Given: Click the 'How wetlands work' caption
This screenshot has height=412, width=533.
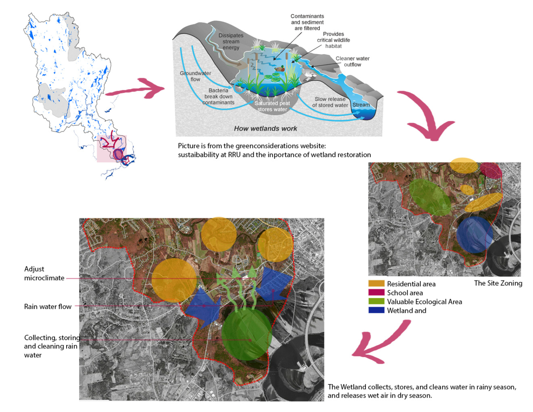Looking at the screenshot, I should tap(265, 128).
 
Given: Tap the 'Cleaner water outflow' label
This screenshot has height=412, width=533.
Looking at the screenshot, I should tap(352, 61).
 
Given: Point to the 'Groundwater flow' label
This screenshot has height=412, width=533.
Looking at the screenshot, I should tap(195, 76).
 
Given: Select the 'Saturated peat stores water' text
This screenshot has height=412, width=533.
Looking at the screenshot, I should tap(272, 106).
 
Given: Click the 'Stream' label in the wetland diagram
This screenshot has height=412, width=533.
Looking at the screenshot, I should tap(361, 105).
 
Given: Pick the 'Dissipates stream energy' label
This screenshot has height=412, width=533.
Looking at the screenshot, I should tap(231, 42).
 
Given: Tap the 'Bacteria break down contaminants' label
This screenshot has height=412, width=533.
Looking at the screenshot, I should tap(218, 96).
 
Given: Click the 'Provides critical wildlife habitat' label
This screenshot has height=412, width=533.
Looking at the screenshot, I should tap(333, 40).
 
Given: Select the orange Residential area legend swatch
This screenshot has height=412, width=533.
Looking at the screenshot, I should tap(376, 284).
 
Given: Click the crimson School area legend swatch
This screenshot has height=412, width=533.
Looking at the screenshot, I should tap(376, 292).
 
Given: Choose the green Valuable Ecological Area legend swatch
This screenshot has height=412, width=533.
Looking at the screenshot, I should tap(376, 301).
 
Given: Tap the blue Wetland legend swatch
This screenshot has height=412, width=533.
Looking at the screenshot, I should tap(376, 310).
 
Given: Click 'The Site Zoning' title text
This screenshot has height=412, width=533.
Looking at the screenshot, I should tap(498, 283).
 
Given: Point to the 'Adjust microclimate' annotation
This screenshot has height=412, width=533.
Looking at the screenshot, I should tap(44, 274).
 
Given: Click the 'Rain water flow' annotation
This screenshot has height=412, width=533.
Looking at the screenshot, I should tap(48, 307).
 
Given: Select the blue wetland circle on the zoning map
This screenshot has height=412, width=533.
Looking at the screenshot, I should tap(474, 234).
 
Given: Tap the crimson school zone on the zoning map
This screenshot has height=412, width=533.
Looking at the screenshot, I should tap(490, 170).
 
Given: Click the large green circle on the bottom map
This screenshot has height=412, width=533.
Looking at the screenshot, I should tap(247, 334).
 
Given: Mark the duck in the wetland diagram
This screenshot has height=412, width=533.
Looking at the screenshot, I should tap(280, 69).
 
